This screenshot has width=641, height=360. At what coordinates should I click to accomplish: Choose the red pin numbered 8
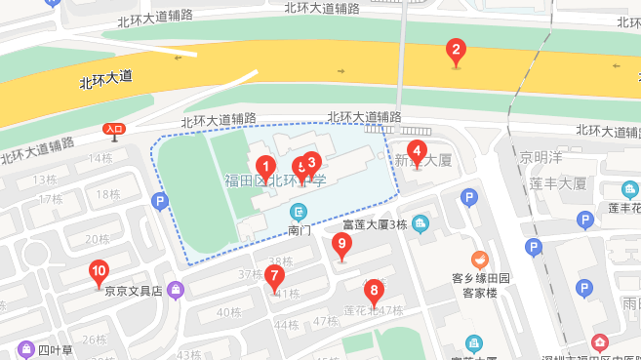372,291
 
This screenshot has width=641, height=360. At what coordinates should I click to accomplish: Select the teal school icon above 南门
300,212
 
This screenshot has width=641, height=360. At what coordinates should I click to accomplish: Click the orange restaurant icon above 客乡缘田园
478,260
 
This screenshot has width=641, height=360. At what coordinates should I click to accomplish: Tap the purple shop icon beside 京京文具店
175,289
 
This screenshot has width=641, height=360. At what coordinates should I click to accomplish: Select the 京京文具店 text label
133,290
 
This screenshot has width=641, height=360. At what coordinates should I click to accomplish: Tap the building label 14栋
100,158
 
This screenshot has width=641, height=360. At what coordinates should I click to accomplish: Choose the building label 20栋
97,239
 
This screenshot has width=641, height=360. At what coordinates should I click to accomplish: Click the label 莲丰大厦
557,182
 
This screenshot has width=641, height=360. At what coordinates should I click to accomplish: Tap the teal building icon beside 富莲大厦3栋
421,225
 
